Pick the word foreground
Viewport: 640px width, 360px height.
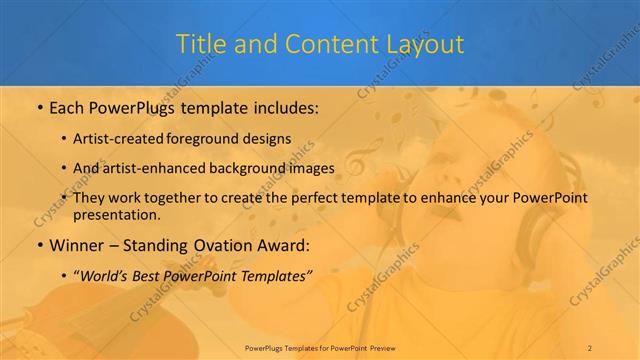point(217,140)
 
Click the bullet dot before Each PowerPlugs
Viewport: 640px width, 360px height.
point(39,107)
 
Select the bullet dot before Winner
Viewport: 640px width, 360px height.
point(39,244)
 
